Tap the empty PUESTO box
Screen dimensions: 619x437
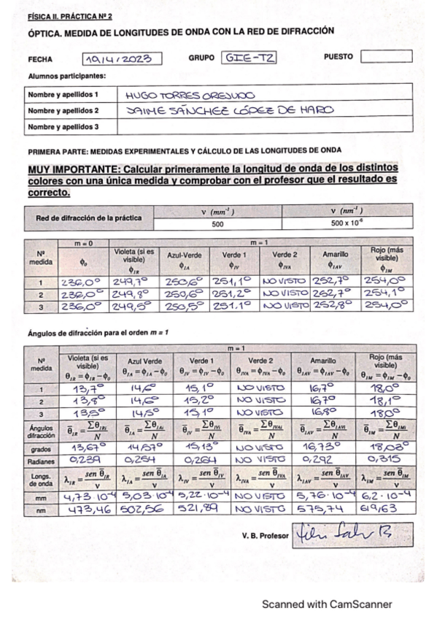[x=386, y=56]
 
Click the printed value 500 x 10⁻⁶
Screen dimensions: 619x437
[x=345, y=224]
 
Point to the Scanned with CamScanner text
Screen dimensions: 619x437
[x=327, y=604]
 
